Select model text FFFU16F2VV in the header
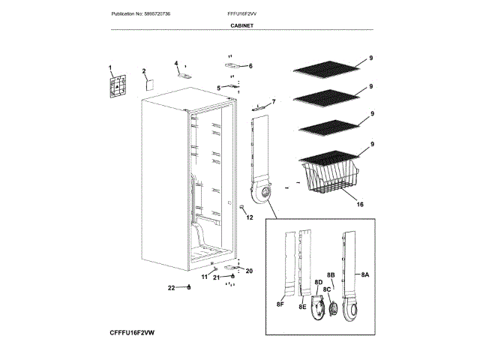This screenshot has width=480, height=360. (x=241, y=14)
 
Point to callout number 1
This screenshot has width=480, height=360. (x=109, y=67)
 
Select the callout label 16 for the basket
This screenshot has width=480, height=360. (x=360, y=204)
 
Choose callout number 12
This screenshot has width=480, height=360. (x=250, y=217)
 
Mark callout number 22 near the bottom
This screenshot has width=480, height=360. (x=171, y=287)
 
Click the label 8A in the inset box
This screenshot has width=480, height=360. (x=365, y=275)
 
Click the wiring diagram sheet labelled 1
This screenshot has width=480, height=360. (x=117, y=87)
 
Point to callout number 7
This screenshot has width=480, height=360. (x=273, y=101)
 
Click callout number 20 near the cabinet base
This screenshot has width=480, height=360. (x=249, y=271)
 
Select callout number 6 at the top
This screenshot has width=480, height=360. (x=250, y=66)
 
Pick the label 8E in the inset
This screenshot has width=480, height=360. (x=302, y=307)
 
